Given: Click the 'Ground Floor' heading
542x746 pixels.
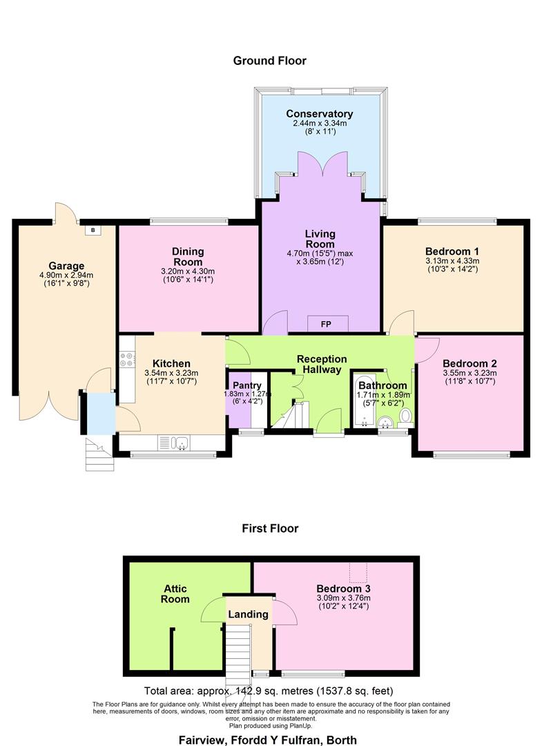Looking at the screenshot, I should tap(269, 61).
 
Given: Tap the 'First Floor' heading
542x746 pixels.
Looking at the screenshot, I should tap(270, 528).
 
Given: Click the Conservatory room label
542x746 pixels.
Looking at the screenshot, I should tap(320, 114).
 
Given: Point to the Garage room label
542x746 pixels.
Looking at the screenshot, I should tap(66, 266).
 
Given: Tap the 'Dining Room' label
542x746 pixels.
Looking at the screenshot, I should tap(188, 257).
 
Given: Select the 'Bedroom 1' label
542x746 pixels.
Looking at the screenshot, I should tap(452, 251).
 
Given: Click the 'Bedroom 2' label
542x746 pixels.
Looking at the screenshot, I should tap(470, 363).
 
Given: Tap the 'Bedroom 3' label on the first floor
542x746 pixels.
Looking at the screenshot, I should tap(343, 588).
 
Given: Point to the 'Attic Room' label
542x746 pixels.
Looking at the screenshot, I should tap(176, 594).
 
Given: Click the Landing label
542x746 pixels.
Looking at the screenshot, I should tap(249, 614).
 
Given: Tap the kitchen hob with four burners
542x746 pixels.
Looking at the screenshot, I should tap(127, 359).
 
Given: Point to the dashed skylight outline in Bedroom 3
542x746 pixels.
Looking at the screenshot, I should tap(358, 571).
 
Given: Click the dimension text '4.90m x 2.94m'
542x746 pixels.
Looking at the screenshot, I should tap(66, 275).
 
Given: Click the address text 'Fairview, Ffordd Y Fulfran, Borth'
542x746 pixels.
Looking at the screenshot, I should tap(269, 739).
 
